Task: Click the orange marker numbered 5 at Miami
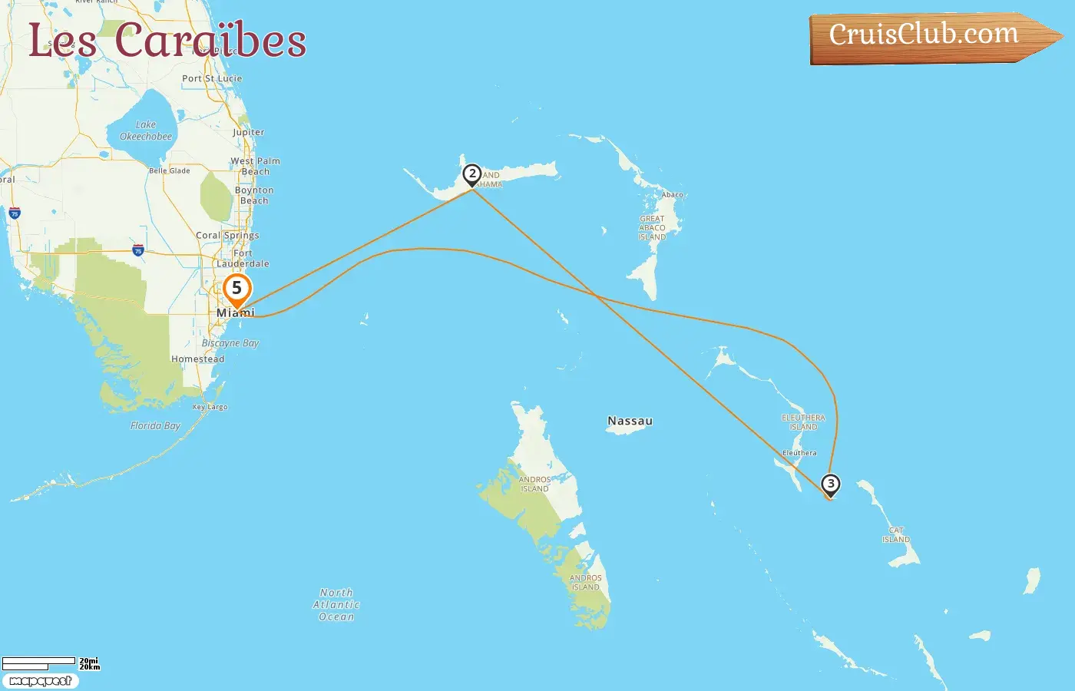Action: pos(237,289)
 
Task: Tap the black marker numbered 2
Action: pos(472,174)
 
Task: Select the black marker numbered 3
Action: pos(830,484)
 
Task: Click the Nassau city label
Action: pos(630,421)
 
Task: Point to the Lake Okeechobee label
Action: pos(146,131)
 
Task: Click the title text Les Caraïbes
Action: pos(167,40)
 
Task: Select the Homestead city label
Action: pos(198,359)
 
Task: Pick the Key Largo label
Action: pos(210,407)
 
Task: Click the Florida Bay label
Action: pos(155,425)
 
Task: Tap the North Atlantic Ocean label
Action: pos(336,604)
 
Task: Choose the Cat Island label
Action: pos(896,535)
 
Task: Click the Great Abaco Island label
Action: pos(652,228)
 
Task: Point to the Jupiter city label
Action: pos(248,132)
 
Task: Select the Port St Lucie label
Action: pos(212,78)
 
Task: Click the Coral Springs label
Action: pos(227,235)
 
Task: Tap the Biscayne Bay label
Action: pos(230,343)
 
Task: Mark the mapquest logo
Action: pos(40,681)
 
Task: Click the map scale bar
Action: pos(38,663)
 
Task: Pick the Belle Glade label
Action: pos(170,170)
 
